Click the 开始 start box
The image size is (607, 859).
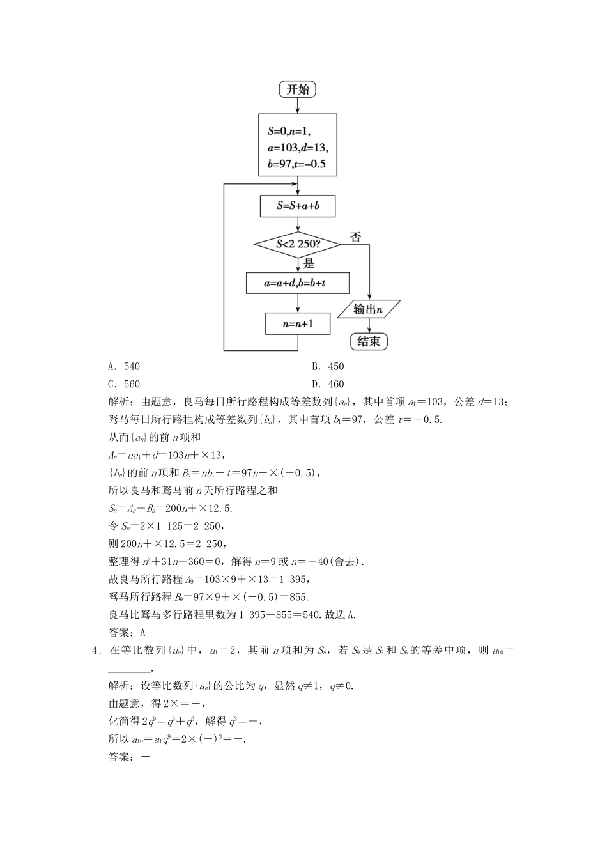(x=298, y=89)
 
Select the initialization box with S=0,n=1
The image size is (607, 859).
(x=298, y=145)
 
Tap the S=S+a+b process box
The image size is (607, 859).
(x=298, y=206)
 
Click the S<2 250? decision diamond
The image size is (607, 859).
(x=298, y=244)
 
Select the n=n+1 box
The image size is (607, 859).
(x=298, y=323)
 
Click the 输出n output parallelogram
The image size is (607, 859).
(x=369, y=309)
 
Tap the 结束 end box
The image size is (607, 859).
(x=369, y=341)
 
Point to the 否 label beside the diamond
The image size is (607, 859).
(x=356, y=237)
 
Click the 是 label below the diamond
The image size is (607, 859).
(x=309, y=263)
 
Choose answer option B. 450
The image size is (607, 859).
(x=328, y=366)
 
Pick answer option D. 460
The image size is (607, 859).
(x=328, y=384)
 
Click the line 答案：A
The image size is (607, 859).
(x=127, y=633)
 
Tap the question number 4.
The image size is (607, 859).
(x=96, y=651)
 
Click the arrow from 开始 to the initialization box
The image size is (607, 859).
(x=298, y=105)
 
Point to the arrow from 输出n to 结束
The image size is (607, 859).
(x=369, y=325)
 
